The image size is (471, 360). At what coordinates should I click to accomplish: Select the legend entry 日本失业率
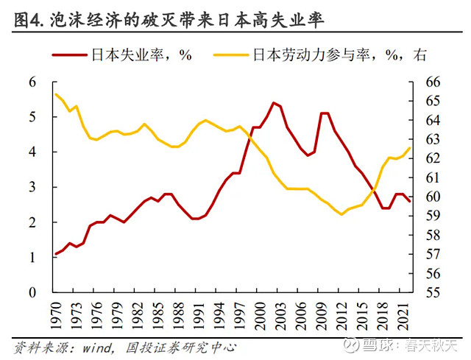pos(130,55)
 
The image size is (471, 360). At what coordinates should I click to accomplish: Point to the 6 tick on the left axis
pos(32,82)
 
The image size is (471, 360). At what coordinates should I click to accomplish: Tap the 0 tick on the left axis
pos(32,292)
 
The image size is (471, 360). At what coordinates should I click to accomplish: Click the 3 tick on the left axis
pos(32,187)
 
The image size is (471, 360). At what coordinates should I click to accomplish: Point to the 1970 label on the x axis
pos(56,314)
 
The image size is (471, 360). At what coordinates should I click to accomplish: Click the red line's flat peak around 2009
pos(325,113)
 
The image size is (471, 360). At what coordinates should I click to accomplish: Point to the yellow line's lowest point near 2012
pos(341,214)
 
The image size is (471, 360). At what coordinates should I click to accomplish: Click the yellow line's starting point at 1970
pos(56,93)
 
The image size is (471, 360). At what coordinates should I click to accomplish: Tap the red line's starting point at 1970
pos(56,254)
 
